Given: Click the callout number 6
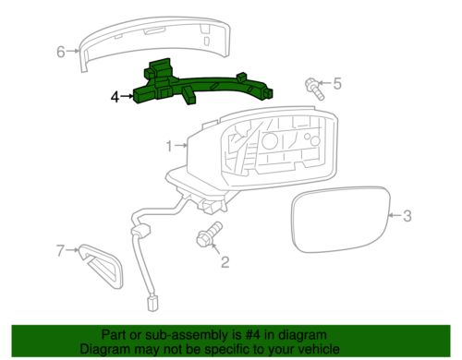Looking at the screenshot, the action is [61, 52].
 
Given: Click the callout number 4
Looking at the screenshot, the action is [115, 95].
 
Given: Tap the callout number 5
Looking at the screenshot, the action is [336, 84].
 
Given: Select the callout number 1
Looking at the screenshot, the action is [169, 145].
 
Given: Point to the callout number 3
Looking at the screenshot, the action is [406, 217].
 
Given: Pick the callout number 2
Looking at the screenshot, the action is [224, 262].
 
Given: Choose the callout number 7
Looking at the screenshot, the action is [60, 249].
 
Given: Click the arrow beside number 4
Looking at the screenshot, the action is [127, 95].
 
